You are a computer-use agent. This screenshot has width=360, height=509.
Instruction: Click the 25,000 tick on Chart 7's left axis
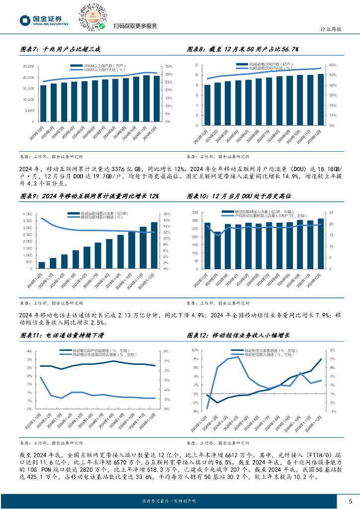pyautogui.click(x=29, y=66)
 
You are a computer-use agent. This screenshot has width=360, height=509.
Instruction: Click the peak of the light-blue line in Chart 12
pyautogui.click(x=238, y=356)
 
